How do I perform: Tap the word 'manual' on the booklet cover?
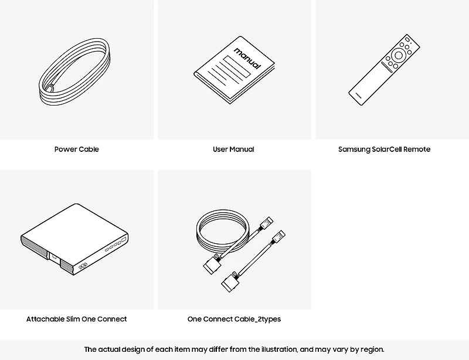click(x=247, y=58)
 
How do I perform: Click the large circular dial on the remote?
click(x=399, y=55)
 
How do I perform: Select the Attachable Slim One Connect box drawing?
click(x=74, y=239)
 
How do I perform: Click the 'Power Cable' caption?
click(x=77, y=150)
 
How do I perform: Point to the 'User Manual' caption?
click(x=233, y=150)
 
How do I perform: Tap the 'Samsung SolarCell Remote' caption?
click(x=385, y=150)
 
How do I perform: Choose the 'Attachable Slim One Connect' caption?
click(x=77, y=319)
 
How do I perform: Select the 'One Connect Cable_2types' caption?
click(x=234, y=320)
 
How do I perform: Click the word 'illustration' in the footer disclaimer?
click(x=279, y=349)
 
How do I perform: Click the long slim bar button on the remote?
click(x=386, y=67)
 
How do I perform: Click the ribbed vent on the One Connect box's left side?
click(x=34, y=246)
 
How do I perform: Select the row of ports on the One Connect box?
click(x=115, y=244)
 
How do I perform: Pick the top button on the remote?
click(x=407, y=39)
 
